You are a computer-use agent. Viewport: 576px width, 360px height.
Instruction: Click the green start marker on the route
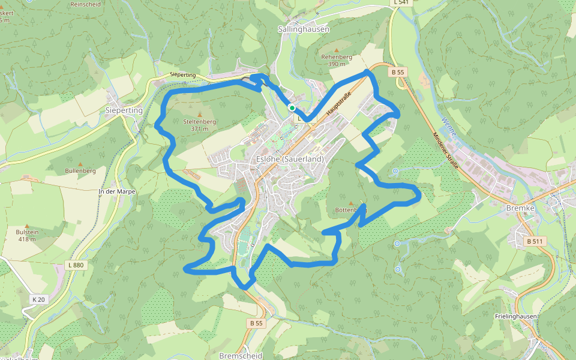pyautogui.click(x=292, y=108)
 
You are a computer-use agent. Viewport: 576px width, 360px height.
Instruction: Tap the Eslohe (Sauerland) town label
pyautogui.click(x=290, y=159)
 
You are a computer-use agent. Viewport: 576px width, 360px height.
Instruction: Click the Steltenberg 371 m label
pyautogui.click(x=199, y=125)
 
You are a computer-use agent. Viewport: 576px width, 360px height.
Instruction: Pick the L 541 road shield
pyautogui.click(x=403, y=3)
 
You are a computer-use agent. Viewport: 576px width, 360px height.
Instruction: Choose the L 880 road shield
pyautogui.click(x=76, y=265)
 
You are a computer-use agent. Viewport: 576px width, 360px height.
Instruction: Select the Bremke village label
pyautogui.click(x=520, y=207)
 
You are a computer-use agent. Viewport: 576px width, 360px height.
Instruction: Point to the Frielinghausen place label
pyautogui.click(x=516, y=316)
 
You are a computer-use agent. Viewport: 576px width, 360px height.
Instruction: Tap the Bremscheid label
pyautogui.click(x=241, y=355)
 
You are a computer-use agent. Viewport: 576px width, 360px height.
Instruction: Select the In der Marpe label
pyautogui.click(x=116, y=191)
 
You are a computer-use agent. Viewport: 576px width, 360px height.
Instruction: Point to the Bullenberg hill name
pyautogui.click(x=80, y=171)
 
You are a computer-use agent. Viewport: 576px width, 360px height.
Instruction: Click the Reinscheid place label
pyautogui.click(x=85, y=4)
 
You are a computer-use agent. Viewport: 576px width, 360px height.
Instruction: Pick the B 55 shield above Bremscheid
pyautogui.click(x=256, y=323)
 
